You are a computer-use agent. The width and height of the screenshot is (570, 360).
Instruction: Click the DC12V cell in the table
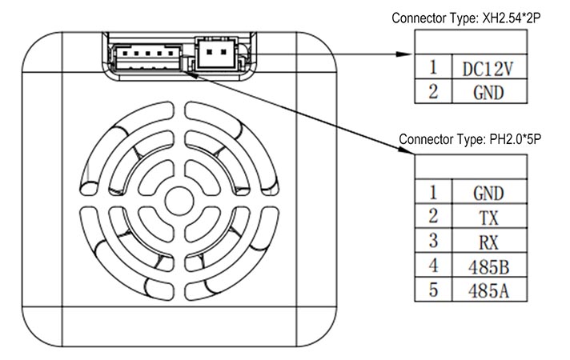pos(488,68)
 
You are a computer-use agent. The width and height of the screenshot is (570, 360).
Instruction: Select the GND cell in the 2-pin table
pos(488,92)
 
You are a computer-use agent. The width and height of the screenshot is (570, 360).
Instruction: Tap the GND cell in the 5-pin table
pos(488,192)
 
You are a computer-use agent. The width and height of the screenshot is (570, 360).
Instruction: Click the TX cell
pos(488,216)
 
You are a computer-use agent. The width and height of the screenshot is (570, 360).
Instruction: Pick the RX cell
pos(488,241)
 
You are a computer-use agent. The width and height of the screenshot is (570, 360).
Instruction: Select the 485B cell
pos(488,265)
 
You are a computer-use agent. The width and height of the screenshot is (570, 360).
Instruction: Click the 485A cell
pos(488,290)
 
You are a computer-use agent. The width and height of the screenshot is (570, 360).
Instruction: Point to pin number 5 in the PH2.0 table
pos(433,290)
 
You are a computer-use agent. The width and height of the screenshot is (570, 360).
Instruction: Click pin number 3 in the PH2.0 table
pos(433,241)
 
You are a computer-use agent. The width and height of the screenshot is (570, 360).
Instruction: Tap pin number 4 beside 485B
pos(433,265)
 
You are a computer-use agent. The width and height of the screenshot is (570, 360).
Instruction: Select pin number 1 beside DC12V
pos(433,68)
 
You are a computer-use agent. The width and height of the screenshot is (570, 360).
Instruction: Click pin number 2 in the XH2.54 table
pos(433,92)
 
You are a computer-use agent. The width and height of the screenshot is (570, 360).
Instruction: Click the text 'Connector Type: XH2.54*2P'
pos(462,17)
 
